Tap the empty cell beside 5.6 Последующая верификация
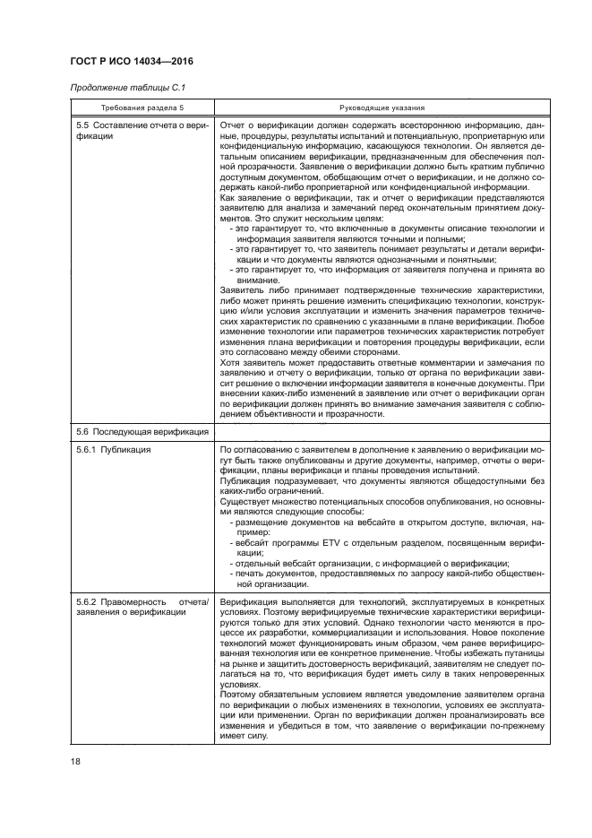[382, 432]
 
